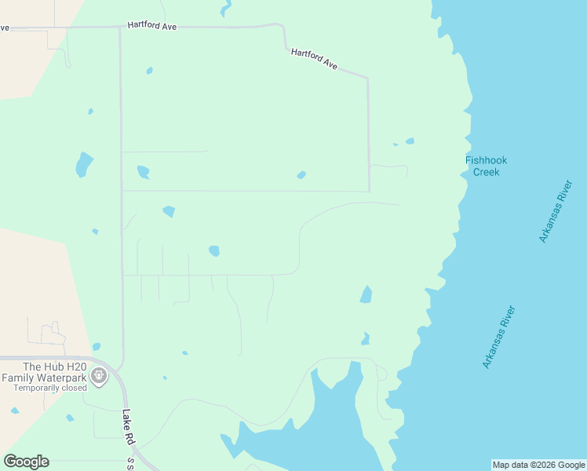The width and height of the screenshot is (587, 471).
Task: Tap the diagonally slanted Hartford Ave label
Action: coord(314,60)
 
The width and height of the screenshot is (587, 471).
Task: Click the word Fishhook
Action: coord(486,160)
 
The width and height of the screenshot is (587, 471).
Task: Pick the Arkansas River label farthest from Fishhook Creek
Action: coord(499,337)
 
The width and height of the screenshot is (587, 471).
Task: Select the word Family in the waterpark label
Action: coord(18,378)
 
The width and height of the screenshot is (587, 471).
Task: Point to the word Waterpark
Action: coord(62,378)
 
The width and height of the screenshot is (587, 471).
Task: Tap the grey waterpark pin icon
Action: coord(99,377)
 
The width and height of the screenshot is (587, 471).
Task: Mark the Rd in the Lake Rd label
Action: coord(132,438)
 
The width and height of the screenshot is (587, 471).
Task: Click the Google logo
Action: coord(26,462)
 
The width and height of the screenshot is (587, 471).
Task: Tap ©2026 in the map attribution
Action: coord(538,465)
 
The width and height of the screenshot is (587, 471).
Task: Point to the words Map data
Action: coord(509,465)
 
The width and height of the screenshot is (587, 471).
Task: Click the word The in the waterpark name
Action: coord(31,367)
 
